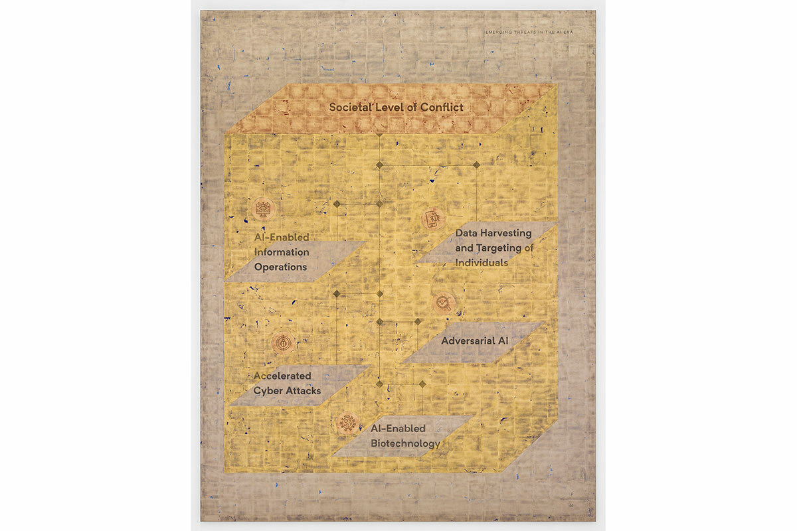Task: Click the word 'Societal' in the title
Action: (350, 106)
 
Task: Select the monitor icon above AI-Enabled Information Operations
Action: (262, 208)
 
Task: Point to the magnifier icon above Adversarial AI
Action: (444, 303)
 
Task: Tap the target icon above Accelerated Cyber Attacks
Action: (283, 342)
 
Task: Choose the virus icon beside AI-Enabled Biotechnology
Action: (347, 422)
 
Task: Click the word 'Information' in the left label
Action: (282, 252)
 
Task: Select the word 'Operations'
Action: (280, 267)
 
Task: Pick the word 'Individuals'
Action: (482, 262)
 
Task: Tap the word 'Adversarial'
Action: (467, 341)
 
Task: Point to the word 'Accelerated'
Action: (282, 376)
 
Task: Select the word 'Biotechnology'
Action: (405, 443)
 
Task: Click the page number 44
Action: (570, 506)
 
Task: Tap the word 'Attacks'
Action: (304, 390)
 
